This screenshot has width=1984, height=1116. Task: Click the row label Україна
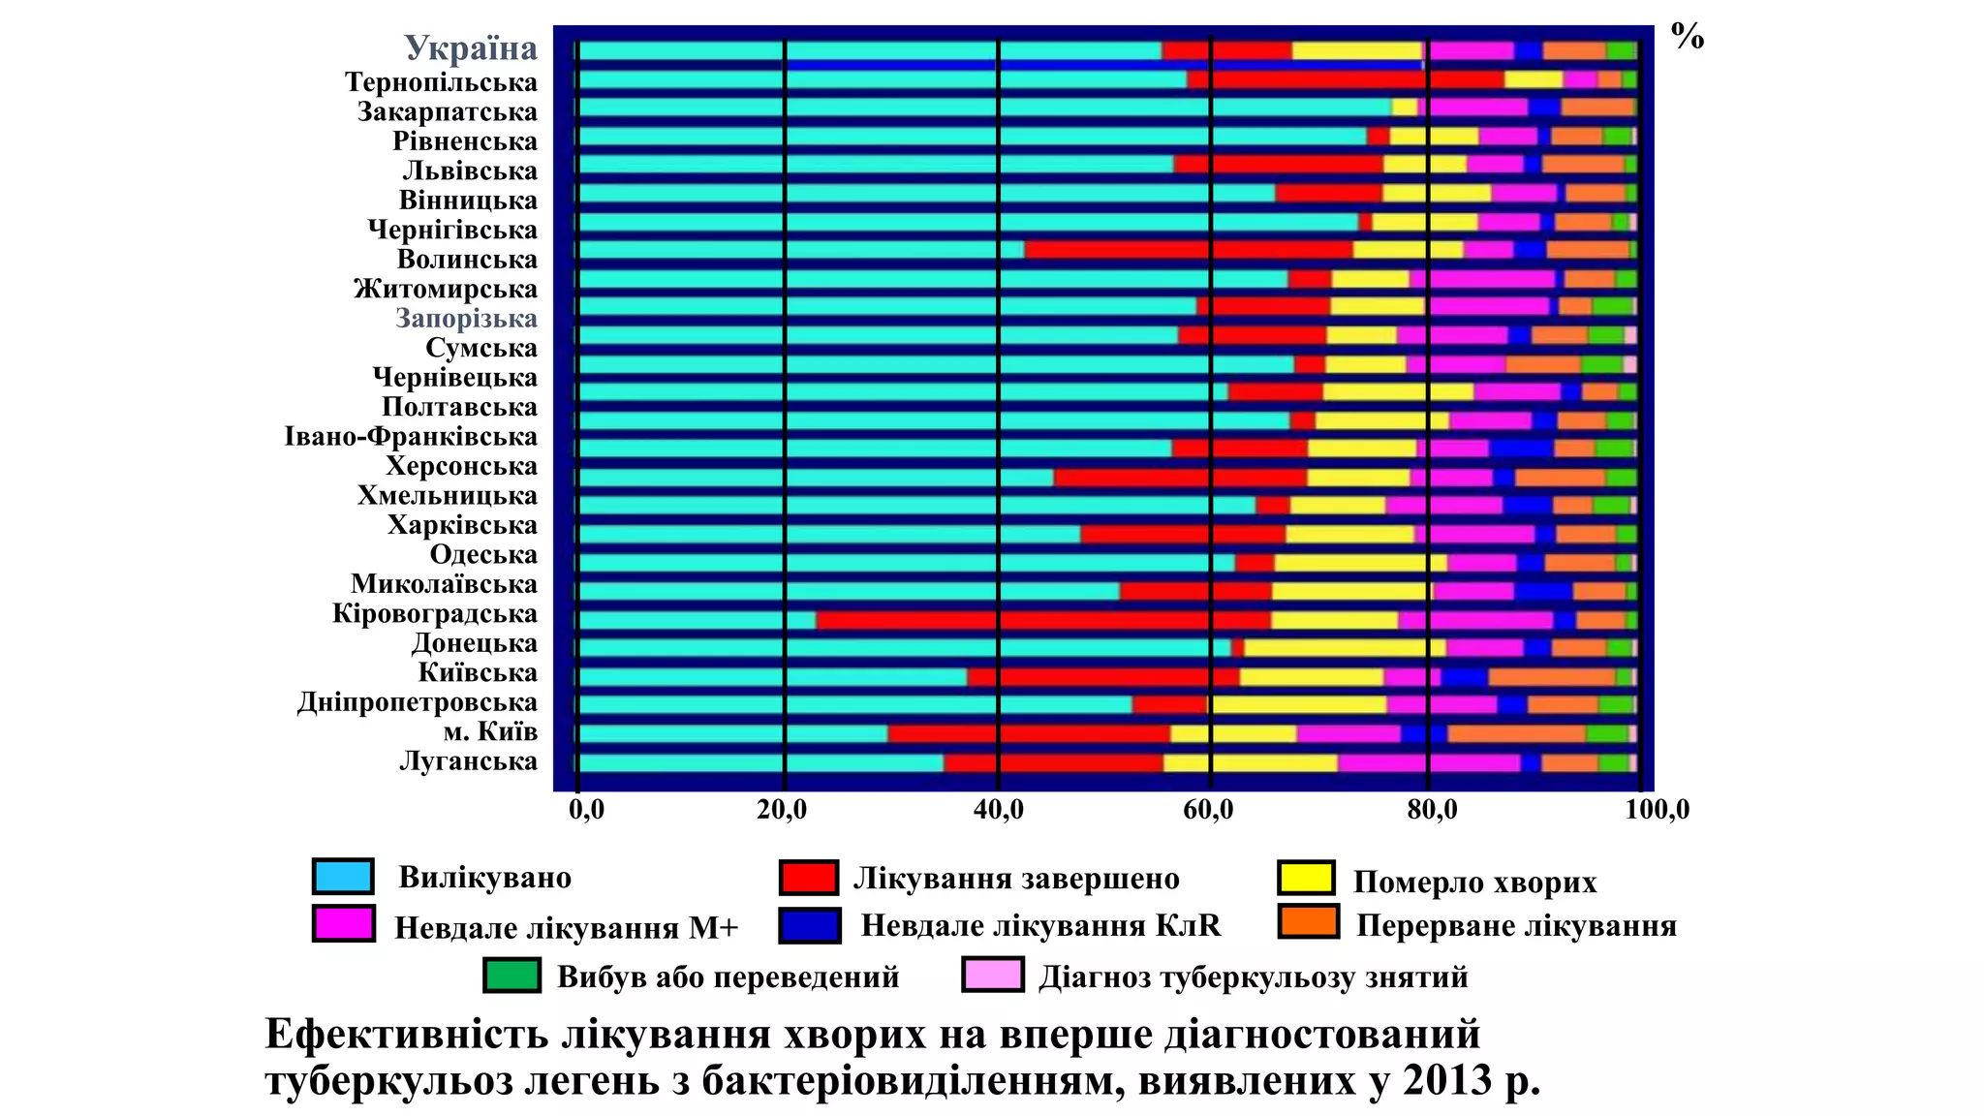tap(471, 48)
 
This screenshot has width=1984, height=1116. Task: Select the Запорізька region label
tap(466, 319)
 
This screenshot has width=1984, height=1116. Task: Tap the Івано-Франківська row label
tap(411, 437)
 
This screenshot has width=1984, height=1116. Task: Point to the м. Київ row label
tap(490, 731)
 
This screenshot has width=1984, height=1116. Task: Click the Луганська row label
tap(468, 761)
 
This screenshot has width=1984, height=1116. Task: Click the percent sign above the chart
tap(1688, 37)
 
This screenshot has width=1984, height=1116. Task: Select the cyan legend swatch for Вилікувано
tap(343, 877)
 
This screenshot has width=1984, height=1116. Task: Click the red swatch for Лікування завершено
tap(809, 878)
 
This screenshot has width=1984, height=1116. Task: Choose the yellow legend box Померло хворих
tap(1307, 878)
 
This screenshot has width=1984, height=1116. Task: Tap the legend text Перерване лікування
tap(1516, 926)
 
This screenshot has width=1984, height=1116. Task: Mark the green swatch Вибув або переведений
tap(511, 976)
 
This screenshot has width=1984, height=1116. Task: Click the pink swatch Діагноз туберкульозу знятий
tap(992, 976)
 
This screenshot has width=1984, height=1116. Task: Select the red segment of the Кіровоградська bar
tap(1042, 620)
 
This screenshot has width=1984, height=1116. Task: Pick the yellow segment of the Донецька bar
tap(1345, 648)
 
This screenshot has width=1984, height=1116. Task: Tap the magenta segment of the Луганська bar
tap(1428, 763)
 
